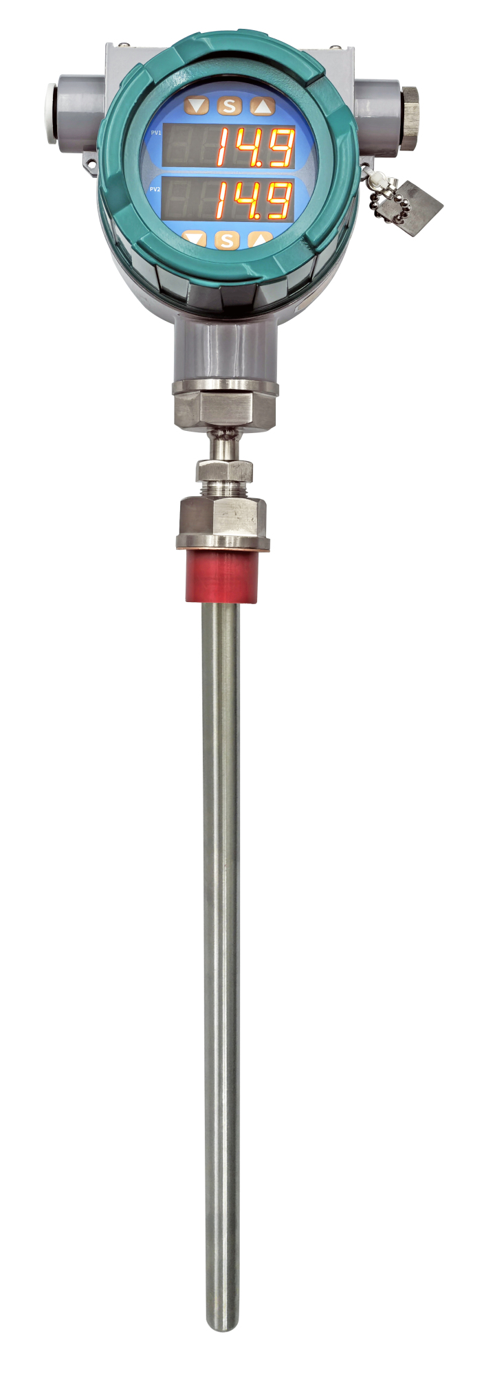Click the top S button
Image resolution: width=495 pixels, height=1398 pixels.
coord(229,106)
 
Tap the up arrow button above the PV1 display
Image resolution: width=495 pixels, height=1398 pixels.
coord(262,107)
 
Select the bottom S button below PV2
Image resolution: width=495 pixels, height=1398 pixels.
coord(227,241)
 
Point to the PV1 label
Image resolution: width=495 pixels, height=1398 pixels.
coord(156,133)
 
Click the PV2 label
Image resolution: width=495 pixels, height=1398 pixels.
coord(155,188)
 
